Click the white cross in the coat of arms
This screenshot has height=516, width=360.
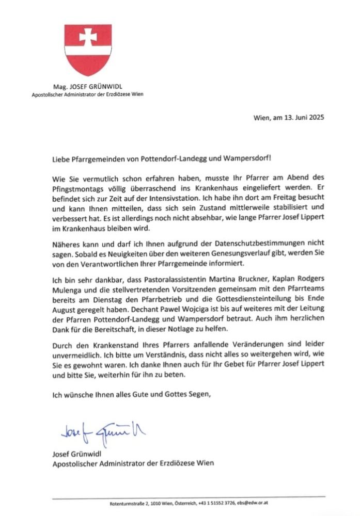(x=87, y=36)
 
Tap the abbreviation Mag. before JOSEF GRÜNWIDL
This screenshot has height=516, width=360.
(x=60, y=86)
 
